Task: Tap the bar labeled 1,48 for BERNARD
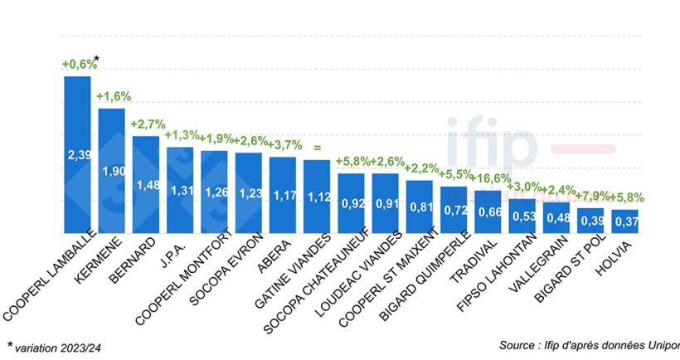145,184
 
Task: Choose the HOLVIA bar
624,221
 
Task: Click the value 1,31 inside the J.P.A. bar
179,191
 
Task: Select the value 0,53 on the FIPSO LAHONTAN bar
522,217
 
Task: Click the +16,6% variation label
488,178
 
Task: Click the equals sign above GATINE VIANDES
316,148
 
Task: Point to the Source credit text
589,344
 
